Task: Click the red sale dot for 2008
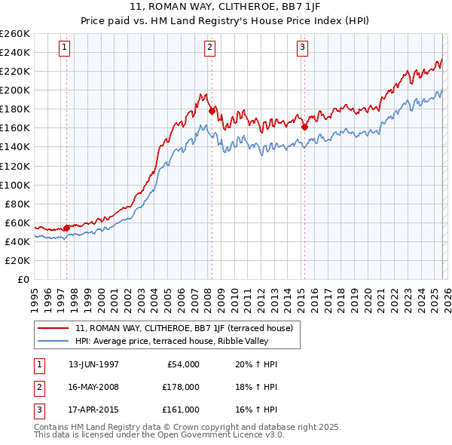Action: [212, 111]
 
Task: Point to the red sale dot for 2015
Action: [305, 127]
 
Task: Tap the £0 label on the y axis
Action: [23, 279]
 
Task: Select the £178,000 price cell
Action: [181, 387]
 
